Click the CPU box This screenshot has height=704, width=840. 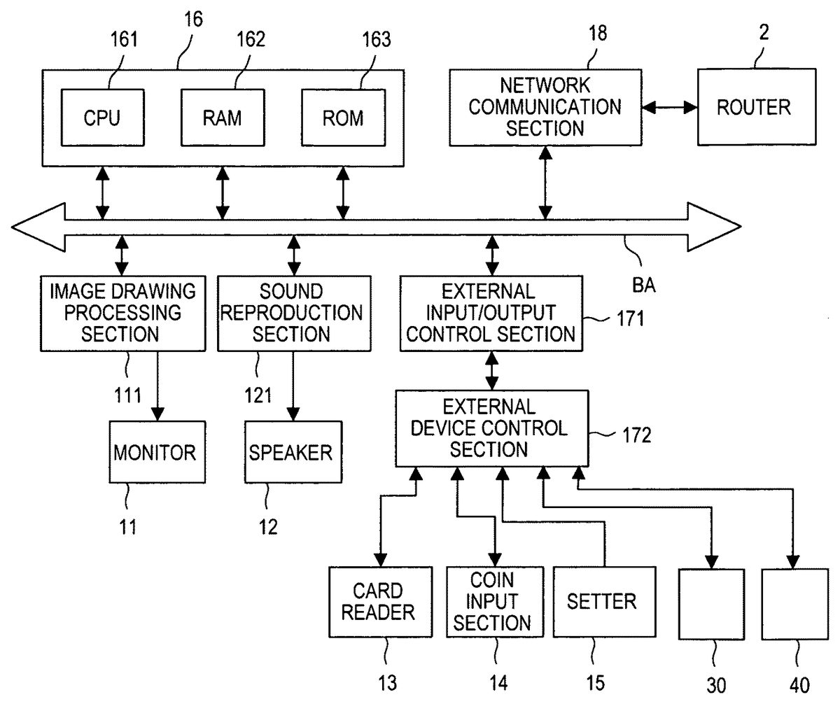point(103,117)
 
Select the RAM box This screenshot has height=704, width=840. point(222,117)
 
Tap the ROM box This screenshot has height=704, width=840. point(342,117)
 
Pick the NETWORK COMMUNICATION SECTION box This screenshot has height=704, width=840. point(545,107)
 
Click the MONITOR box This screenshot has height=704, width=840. point(155,452)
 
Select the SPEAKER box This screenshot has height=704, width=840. point(290,452)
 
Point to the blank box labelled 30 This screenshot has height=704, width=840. point(711,604)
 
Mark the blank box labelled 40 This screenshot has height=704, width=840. point(794,604)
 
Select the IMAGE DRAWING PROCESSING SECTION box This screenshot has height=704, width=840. point(124,313)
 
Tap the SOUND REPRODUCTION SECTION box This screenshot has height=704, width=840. point(290,313)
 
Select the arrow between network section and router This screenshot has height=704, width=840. point(670,108)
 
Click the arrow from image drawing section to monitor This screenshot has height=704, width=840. point(157,385)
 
